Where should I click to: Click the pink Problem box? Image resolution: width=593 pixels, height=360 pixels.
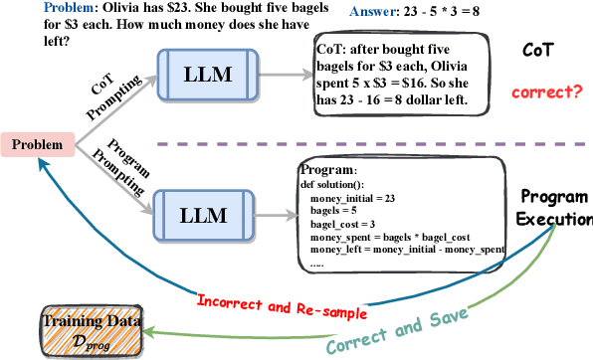pyautogui.click(x=35, y=145)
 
